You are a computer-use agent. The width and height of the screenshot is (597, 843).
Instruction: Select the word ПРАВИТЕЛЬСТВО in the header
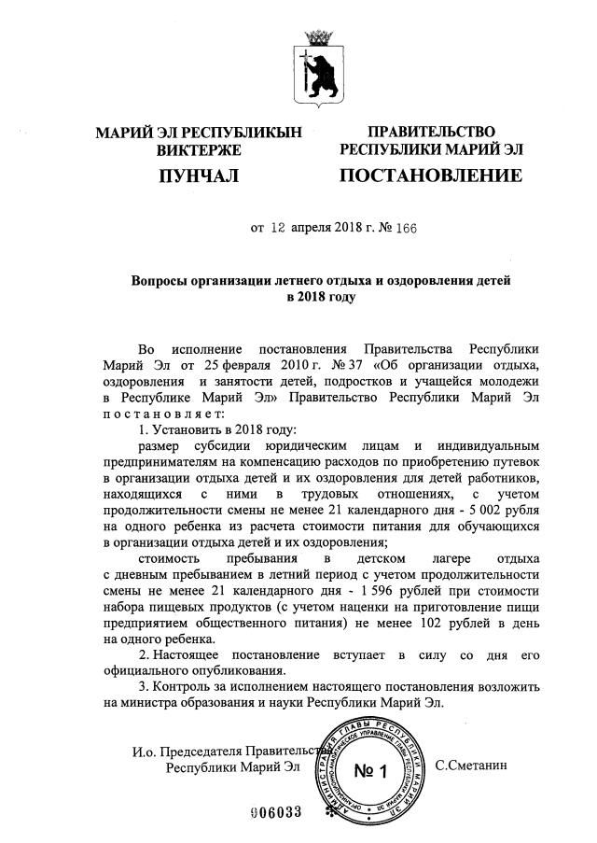(x=431, y=132)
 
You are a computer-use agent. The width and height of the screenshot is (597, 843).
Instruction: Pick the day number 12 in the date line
(x=280, y=227)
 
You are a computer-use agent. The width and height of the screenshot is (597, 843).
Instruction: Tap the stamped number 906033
(x=277, y=811)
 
